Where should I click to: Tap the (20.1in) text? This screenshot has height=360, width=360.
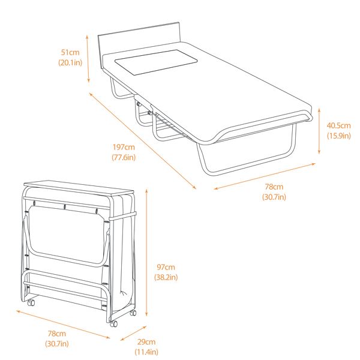[70, 62]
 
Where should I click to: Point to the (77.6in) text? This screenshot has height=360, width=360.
[124, 157]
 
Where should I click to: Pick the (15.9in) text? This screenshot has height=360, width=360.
[338, 136]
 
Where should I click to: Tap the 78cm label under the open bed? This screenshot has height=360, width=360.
[274, 187]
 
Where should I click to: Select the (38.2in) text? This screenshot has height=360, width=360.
[166, 277]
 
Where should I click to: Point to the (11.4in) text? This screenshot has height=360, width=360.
[146, 352]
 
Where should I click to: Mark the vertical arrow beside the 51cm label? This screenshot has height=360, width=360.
[89, 58]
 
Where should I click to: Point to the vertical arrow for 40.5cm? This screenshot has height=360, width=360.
[319, 131]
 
